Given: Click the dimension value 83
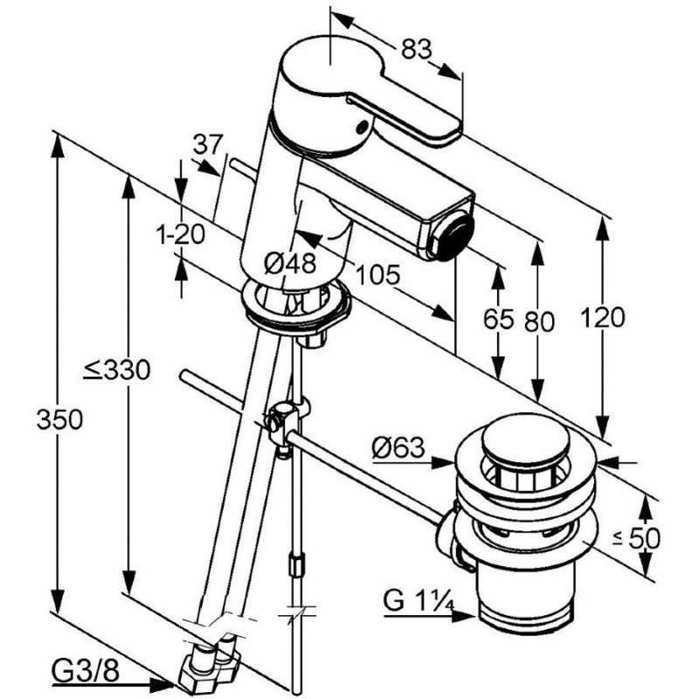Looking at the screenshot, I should (x=418, y=50).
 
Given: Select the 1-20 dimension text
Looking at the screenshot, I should (x=180, y=233).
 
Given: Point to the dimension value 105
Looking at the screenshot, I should (x=377, y=275).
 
